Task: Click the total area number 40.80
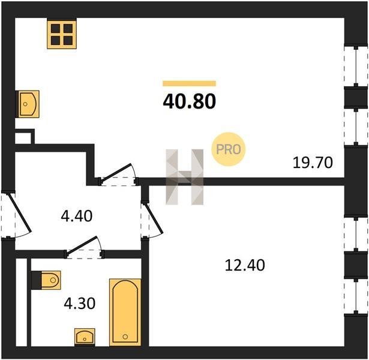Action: [x=189, y=101]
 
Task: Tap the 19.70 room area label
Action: [x=313, y=163]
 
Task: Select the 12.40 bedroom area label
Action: [x=245, y=265]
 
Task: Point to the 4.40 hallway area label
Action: [x=76, y=216]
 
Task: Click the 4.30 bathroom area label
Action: [x=80, y=303]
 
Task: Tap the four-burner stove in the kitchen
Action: [x=62, y=35]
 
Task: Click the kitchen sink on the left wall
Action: [x=27, y=104]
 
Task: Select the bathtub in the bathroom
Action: [x=125, y=313]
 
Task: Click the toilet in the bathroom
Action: [x=46, y=280]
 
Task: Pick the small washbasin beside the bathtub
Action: [x=85, y=337]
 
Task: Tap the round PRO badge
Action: [x=228, y=149]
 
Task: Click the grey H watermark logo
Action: [x=185, y=177]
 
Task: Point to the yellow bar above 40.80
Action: [x=189, y=83]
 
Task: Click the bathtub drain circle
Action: [x=125, y=337]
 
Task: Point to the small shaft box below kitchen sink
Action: [x=23, y=138]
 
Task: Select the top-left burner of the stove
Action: [x=56, y=28]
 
